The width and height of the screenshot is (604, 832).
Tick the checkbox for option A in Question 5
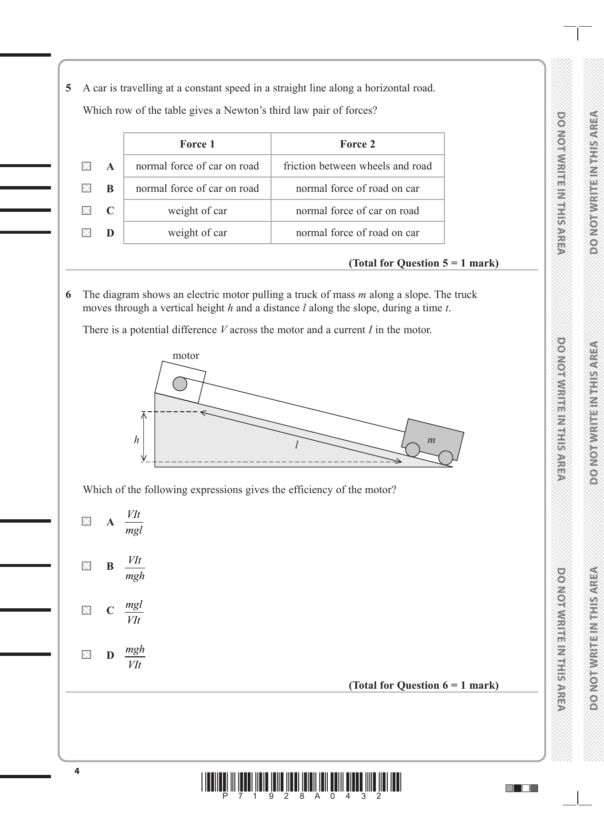86,166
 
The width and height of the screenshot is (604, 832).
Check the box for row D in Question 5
86,233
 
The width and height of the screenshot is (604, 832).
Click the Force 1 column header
197,144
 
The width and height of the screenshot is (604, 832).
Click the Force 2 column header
357,144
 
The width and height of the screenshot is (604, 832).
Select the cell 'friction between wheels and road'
357,166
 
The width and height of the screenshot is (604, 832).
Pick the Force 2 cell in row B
357,188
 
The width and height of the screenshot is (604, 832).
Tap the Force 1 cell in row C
197,211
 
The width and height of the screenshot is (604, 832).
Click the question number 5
69,88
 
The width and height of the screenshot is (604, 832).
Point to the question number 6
69,295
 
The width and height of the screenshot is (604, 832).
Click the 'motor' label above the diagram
186,356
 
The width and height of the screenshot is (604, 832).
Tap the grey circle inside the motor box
180,384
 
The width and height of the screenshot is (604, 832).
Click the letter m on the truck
431,440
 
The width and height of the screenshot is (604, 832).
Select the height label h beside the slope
136,440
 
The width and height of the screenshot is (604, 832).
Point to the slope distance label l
296,445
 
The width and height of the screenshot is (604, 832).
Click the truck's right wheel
445,458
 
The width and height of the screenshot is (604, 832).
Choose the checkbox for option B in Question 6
86,566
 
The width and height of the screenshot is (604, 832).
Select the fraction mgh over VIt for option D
135,657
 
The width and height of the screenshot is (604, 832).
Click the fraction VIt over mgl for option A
134,522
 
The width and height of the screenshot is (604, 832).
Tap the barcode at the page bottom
302,782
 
